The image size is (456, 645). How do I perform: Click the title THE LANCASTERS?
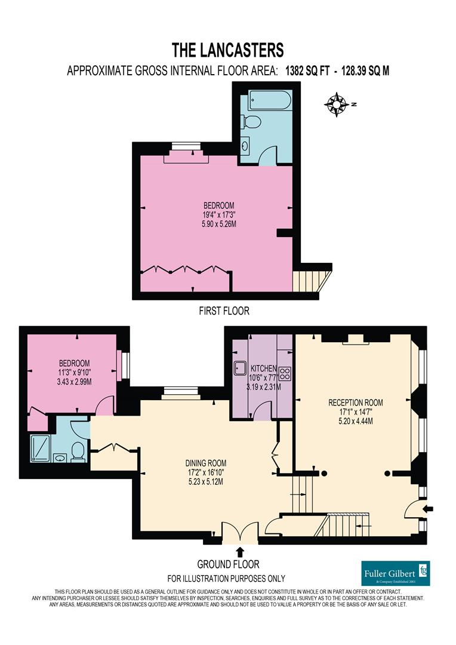[x=227, y=48]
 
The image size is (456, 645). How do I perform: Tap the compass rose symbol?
[x=337, y=105]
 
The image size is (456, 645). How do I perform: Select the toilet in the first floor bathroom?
[x=251, y=122]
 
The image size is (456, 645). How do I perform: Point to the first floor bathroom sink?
[x=247, y=145]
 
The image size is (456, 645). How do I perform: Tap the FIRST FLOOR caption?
[x=224, y=311]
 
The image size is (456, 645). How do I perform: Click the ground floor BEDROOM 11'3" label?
[x=74, y=372]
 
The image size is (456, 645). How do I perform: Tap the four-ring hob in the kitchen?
[x=285, y=374]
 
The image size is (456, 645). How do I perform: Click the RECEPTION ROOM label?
[x=355, y=411]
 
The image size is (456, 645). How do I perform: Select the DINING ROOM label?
[x=205, y=472]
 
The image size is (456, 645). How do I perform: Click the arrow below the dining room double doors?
[x=241, y=551]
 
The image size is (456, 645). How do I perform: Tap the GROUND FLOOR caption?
[x=228, y=564]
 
